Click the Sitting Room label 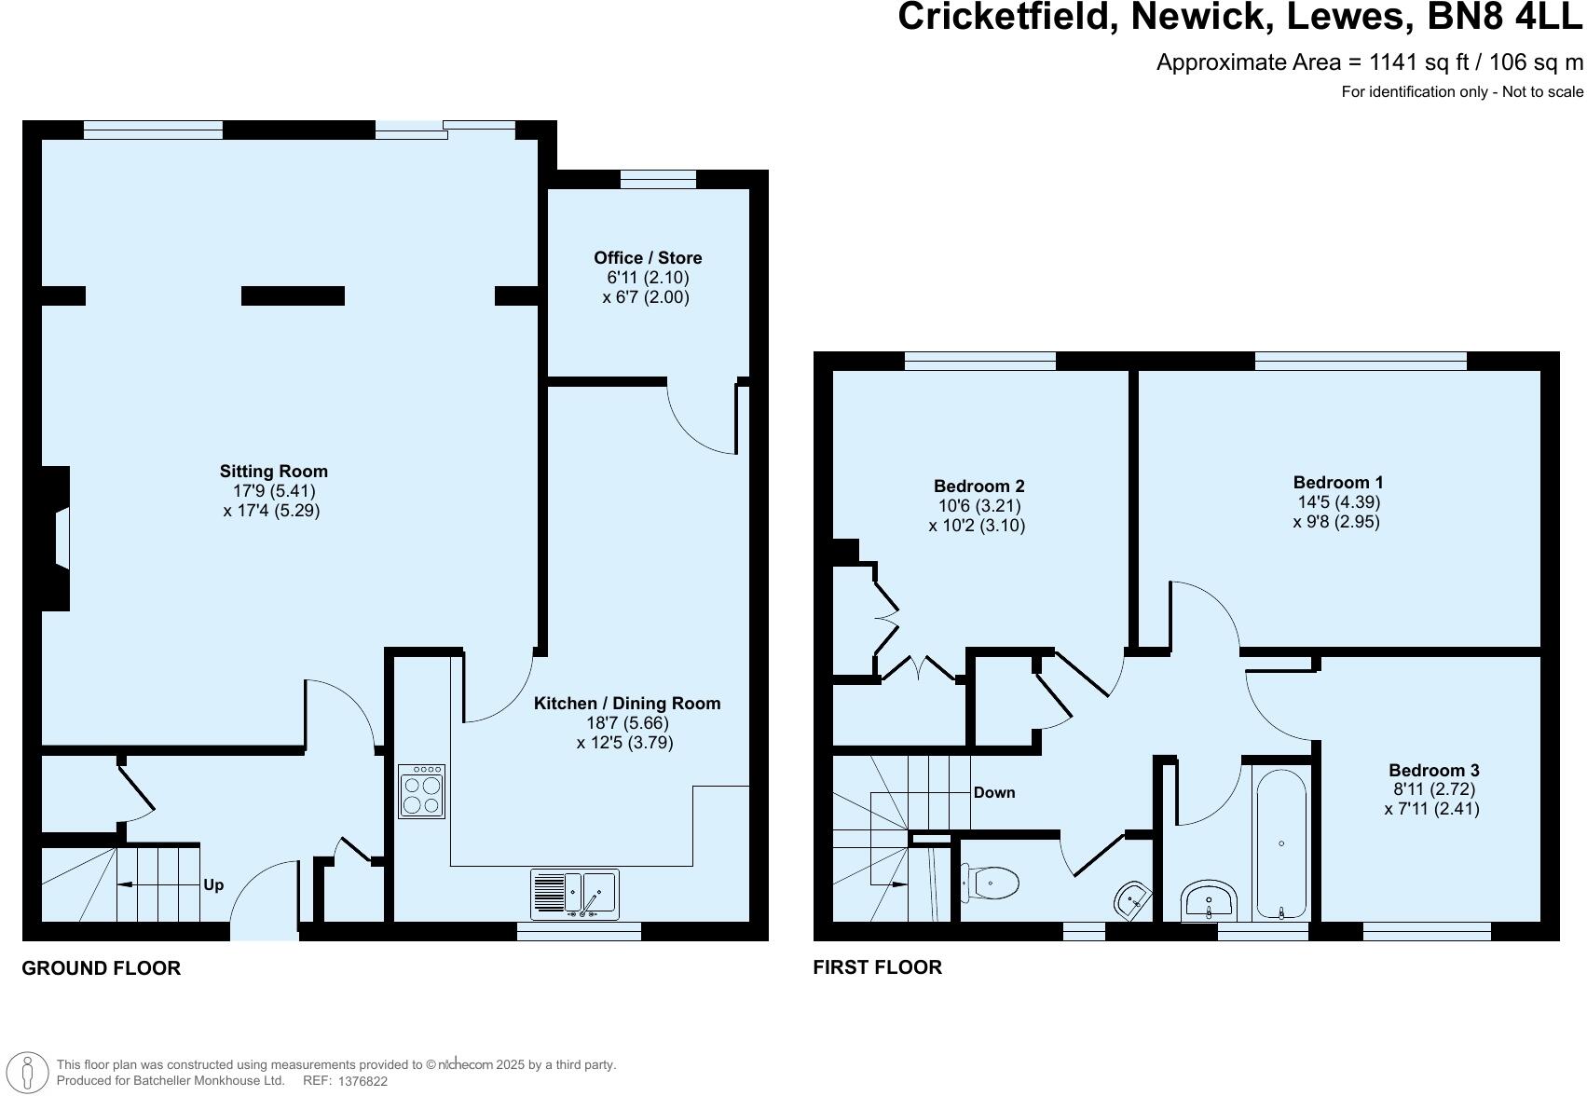[x=273, y=472]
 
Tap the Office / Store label [x=648, y=258]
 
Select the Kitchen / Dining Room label [x=626, y=704]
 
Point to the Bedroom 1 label [x=1338, y=483]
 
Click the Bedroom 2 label [x=978, y=486]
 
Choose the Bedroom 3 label [x=1433, y=770]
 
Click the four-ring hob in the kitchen [x=422, y=791]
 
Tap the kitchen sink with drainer [x=574, y=893]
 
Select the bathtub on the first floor [x=1282, y=843]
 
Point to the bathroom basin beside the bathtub [x=1209, y=899]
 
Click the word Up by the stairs [x=213, y=884]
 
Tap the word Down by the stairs [x=994, y=792]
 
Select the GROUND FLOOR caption [x=101, y=968]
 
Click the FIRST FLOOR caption [x=877, y=967]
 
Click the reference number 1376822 [x=363, y=1081]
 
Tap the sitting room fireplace [x=58, y=538]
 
